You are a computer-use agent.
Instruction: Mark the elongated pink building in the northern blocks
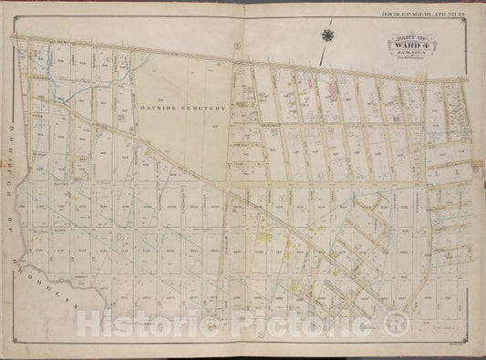[331, 89]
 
